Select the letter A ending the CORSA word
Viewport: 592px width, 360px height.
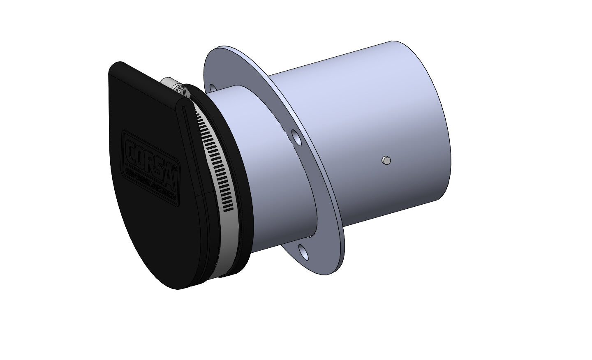(x=173, y=176)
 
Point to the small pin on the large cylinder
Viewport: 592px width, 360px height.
(x=386, y=160)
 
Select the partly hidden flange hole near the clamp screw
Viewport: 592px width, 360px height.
(x=212, y=88)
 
